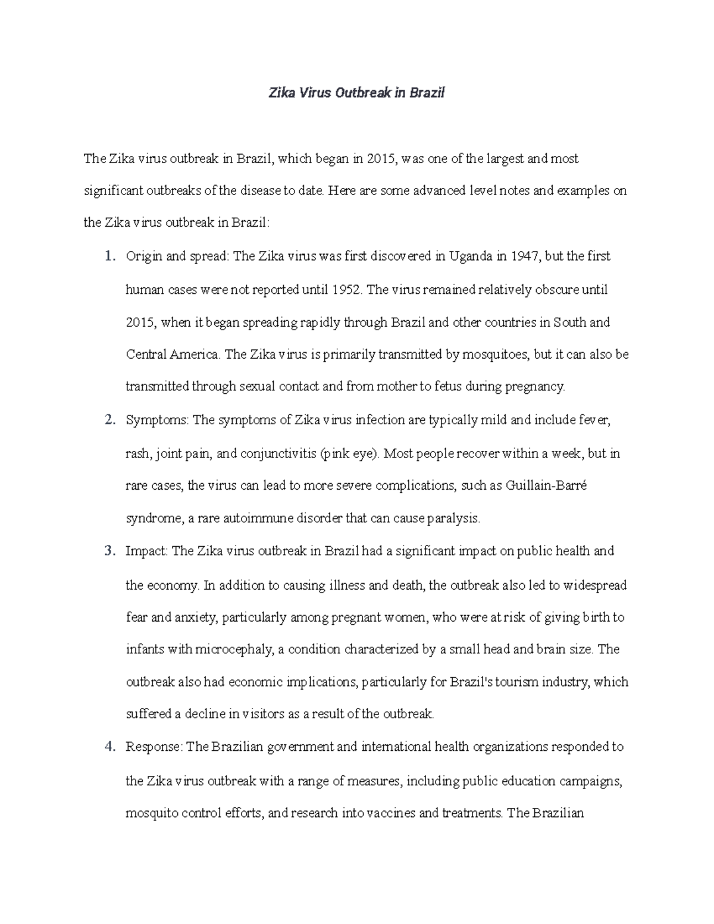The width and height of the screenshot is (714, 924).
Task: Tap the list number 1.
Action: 108,256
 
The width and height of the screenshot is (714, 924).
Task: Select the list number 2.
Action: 108,420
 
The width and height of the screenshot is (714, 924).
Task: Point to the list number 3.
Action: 108,551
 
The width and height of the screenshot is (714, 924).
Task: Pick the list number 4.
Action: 108,747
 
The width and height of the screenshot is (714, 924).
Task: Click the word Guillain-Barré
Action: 546,486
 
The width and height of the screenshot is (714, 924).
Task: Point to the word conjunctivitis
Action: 278,453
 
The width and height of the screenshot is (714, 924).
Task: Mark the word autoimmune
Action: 258,518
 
